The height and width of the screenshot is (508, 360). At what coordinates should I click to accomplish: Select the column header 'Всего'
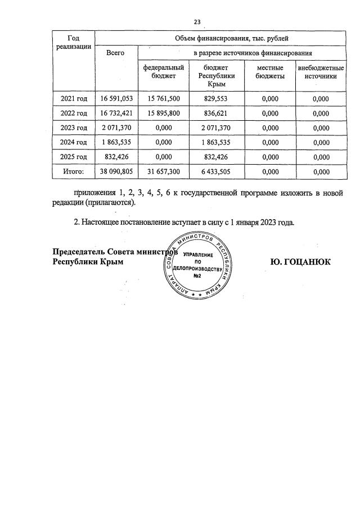115,53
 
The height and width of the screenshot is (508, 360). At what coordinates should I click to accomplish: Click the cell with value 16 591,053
116,99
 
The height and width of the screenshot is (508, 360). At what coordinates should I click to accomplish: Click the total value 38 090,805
116,171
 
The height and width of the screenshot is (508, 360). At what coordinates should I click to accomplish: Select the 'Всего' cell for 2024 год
116,142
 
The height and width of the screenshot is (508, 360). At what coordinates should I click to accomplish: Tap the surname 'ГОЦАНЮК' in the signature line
309,262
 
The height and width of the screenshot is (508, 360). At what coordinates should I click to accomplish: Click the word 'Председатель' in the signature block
79,251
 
